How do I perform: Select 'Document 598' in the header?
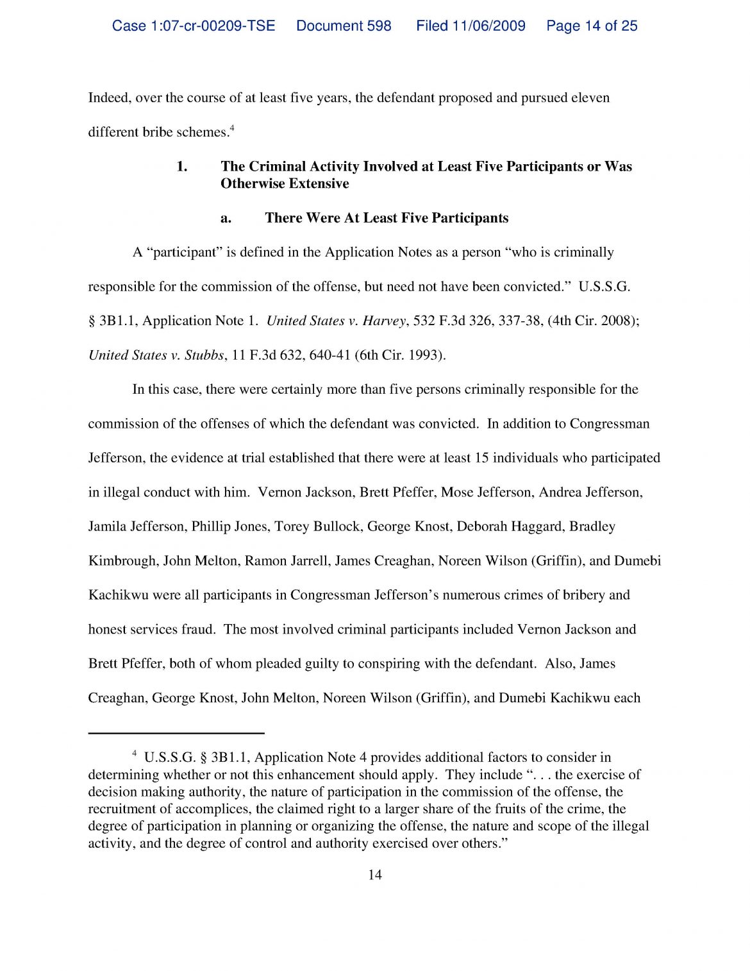tap(344, 26)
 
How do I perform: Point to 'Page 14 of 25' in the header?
tap(592, 26)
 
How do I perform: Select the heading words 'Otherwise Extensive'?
tap(285, 184)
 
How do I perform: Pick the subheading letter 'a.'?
tap(226, 219)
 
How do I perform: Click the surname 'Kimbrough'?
tap(121, 561)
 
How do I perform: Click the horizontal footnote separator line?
tap(176, 732)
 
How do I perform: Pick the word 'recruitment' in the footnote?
tap(121, 809)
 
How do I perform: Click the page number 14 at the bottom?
tap(375, 875)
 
